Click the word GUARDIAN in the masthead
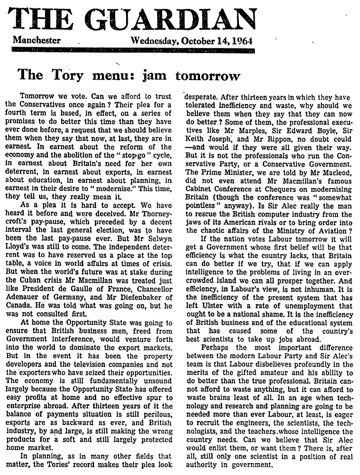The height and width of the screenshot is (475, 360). (175, 19)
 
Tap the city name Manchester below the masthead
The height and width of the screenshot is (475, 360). (37, 41)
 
